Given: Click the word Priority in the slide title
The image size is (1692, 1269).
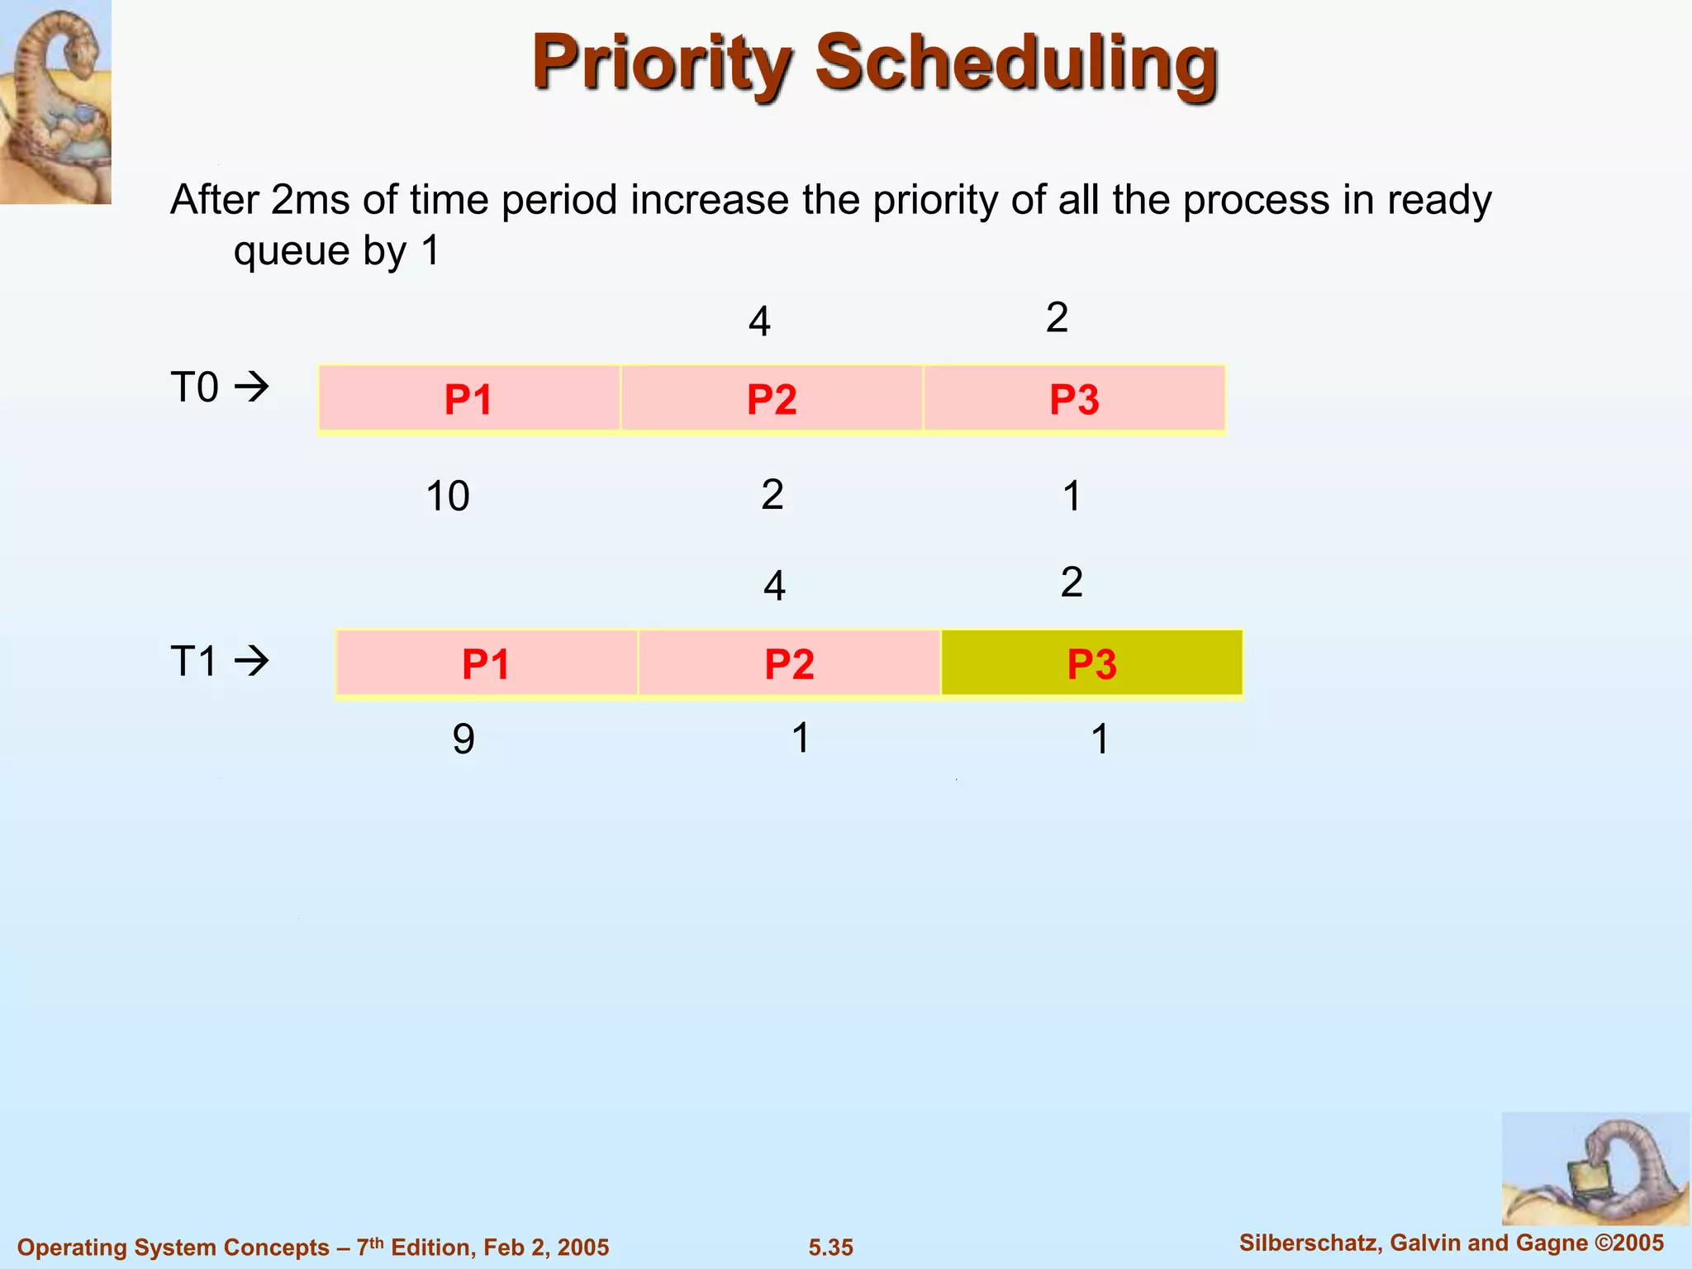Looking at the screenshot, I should (x=662, y=64).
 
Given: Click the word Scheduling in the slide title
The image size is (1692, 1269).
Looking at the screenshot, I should (x=1016, y=64).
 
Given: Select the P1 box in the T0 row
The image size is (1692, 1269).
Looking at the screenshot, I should (x=468, y=399).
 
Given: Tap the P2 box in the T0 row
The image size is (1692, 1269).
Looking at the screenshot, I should (x=772, y=399).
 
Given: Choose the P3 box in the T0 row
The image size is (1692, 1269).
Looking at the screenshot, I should (x=1074, y=399).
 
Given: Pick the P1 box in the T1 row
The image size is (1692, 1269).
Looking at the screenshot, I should (x=486, y=663).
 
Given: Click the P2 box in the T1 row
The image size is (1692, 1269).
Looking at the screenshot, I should (x=789, y=663).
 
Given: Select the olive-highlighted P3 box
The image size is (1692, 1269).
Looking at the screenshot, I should (x=1091, y=663).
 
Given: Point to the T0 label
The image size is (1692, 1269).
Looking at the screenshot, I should (x=195, y=387).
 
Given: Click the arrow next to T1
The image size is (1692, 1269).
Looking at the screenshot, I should (x=252, y=661).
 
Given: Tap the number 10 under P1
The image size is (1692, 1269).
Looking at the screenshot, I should (x=448, y=497).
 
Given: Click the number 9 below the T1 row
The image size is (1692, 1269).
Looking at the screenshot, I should (x=463, y=739).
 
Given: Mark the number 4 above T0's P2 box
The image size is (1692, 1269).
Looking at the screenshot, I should (x=759, y=321).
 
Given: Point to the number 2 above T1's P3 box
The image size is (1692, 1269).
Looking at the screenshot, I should (x=1072, y=582).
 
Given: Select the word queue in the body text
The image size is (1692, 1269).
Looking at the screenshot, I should (x=292, y=250).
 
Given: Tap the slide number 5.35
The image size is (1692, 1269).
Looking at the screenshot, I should (x=830, y=1248).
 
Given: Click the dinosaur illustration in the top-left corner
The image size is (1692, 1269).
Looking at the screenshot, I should (x=55, y=101).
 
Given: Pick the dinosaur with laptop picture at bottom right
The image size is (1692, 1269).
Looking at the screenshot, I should (x=1595, y=1168).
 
